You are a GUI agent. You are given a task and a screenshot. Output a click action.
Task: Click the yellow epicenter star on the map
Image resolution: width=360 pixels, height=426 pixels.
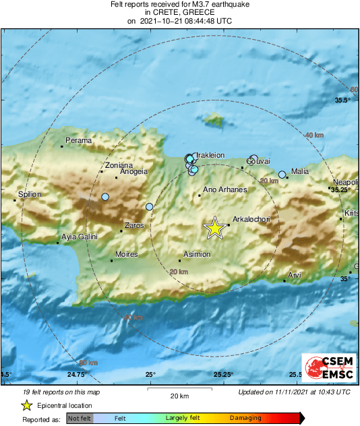pos(214,228)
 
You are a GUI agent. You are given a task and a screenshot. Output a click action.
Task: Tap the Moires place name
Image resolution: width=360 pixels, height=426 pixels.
pos(127,254)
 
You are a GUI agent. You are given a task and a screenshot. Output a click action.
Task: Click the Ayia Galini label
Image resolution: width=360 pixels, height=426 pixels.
pos(80,237)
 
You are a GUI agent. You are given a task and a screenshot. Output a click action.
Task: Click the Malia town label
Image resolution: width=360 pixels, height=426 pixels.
pos(299,171)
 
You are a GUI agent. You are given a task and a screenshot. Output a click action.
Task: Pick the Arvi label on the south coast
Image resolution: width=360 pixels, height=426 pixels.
pos(295,275)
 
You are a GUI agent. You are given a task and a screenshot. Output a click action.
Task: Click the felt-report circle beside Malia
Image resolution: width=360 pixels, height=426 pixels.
pos(282,175)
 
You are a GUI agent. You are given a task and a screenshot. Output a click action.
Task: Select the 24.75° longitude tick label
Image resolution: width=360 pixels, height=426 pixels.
pos(76,375)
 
